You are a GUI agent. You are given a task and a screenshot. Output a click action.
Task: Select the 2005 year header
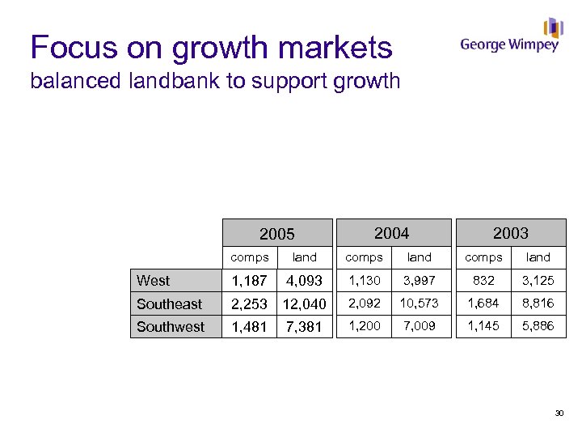point(276,235)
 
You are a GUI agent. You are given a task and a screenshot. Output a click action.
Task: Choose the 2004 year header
point(391,233)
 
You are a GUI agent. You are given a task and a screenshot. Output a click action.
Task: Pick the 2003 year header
point(511,233)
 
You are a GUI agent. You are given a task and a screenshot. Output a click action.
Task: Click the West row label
point(154,281)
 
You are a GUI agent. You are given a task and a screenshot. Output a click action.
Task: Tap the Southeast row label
point(169,304)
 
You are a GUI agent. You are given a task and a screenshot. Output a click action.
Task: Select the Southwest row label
point(171,327)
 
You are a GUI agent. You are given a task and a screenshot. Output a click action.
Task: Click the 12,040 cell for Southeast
point(304,304)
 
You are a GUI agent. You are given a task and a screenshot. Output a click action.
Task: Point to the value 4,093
point(304,281)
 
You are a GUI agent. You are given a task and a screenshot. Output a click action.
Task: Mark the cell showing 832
point(483,280)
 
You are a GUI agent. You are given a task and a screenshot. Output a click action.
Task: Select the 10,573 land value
point(419,303)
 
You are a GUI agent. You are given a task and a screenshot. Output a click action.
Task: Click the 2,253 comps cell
point(249,304)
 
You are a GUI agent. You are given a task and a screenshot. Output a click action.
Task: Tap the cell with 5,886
point(538,326)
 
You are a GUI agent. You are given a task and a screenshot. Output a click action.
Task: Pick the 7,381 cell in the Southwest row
point(304,327)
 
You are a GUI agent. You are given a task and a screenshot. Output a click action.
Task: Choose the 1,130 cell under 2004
point(364,280)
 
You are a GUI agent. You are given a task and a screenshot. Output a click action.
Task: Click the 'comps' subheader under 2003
point(483,257)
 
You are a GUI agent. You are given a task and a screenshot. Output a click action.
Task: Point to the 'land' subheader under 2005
point(304,257)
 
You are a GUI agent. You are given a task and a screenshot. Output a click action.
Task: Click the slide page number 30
point(559,414)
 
